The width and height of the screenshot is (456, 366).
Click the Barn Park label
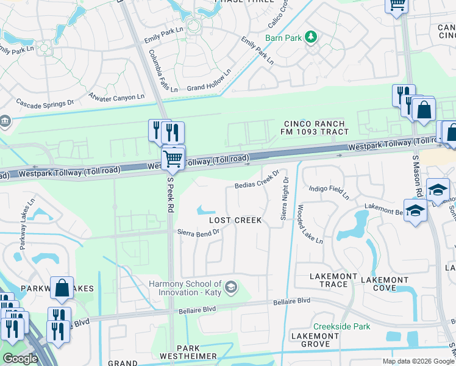point(283,38)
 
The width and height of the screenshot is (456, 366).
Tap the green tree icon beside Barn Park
point(312,37)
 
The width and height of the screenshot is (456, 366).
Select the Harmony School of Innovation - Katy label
point(186,288)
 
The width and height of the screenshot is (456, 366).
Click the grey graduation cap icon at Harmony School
point(231,286)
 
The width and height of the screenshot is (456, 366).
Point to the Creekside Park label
point(341,326)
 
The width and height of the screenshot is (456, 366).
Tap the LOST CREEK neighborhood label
point(235,220)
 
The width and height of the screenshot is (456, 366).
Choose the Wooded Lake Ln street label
point(310,224)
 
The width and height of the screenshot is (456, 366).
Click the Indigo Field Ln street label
point(329,192)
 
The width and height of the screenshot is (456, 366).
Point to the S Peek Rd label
point(171,198)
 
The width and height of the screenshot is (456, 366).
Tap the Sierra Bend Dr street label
point(198,232)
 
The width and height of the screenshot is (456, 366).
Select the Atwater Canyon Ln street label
point(116,96)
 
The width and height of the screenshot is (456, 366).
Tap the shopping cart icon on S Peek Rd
point(173,159)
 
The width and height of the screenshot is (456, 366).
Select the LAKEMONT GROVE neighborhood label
point(315,340)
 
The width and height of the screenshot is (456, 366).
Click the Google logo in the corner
point(20,359)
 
